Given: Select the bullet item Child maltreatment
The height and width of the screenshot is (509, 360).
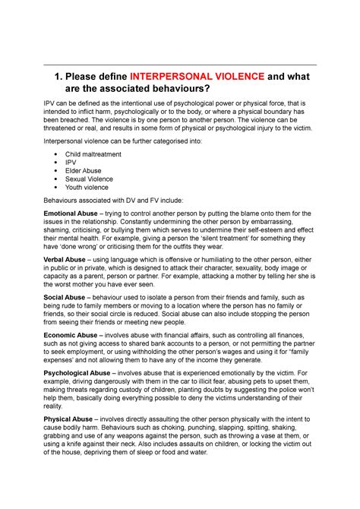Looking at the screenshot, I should click(x=95, y=154).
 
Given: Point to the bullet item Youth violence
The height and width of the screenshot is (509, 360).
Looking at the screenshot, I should click(x=87, y=187).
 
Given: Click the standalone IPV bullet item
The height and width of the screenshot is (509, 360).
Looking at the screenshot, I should click(x=71, y=163).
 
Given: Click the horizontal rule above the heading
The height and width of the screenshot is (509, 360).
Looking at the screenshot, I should click(x=180, y=64).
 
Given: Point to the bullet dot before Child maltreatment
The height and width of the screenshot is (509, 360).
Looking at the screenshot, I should click(x=59, y=154).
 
